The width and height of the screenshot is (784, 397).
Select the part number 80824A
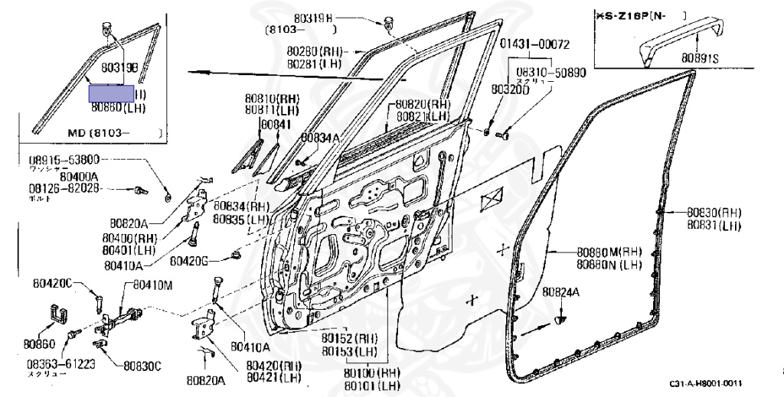click(561, 292)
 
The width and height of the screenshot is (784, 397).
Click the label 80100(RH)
click(371, 373)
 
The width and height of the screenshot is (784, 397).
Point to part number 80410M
click(154, 285)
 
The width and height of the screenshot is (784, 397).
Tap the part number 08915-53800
click(64, 161)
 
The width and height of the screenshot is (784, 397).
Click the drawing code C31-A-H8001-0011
click(706, 383)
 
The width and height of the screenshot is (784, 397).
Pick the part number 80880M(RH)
click(609, 252)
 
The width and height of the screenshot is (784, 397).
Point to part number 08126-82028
click(64, 187)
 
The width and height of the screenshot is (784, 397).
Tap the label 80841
click(275, 124)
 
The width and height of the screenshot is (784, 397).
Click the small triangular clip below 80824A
click(562, 317)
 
